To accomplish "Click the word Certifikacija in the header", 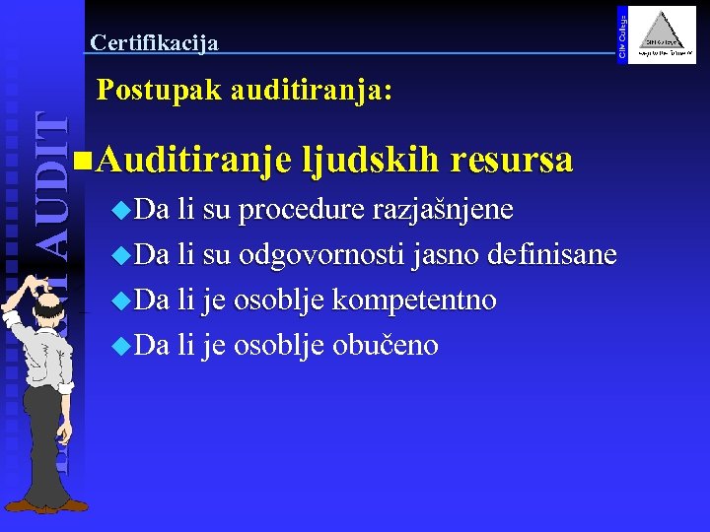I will pyautogui.click(x=154, y=42).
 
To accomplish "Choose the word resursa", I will pyautogui.click(x=513, y=158).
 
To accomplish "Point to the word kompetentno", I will pyautogui.click(x=414, y=299).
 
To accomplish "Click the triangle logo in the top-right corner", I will pyautogui.click(x=662, y=35).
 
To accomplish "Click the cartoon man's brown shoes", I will pyautogui.click(x=49, y=504).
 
